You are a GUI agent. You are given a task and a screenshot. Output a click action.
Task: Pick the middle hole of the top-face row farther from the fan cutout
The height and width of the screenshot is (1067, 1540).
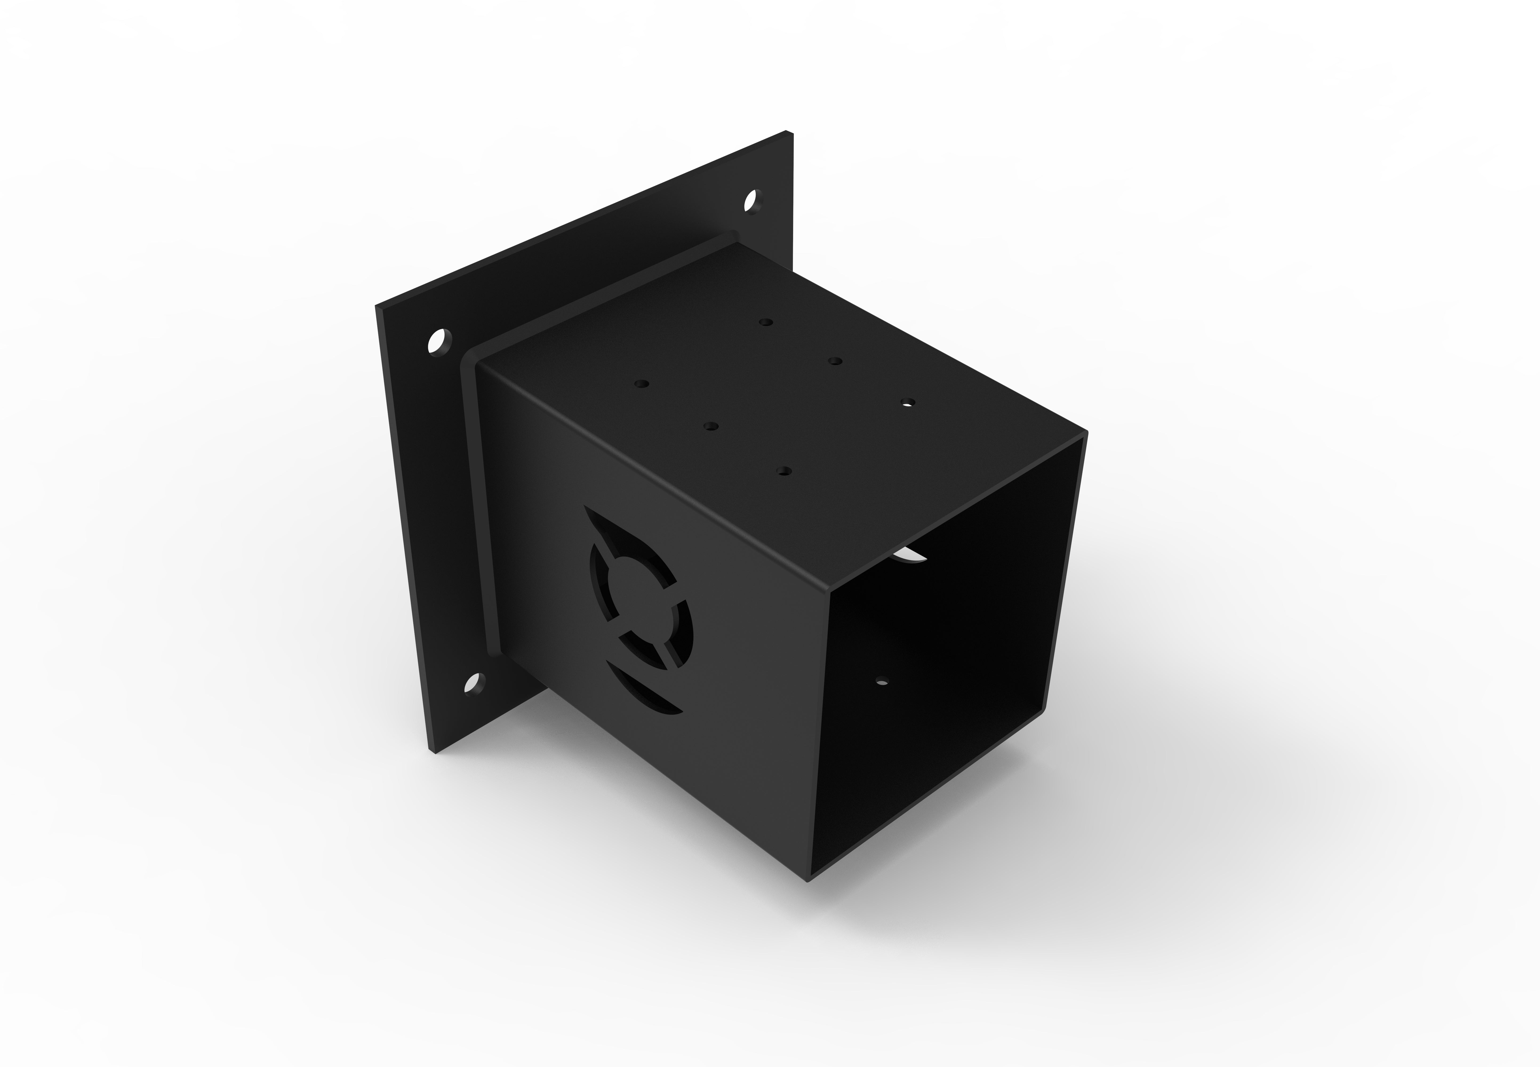pyautogui.click(x=835, y=361)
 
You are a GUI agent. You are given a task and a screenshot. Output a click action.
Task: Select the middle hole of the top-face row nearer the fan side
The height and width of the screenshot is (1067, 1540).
pyautogui.click(x=710, y=425)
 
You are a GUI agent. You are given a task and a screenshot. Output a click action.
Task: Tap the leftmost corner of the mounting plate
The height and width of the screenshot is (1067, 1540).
pyautogui.click(x=376, y=307)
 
